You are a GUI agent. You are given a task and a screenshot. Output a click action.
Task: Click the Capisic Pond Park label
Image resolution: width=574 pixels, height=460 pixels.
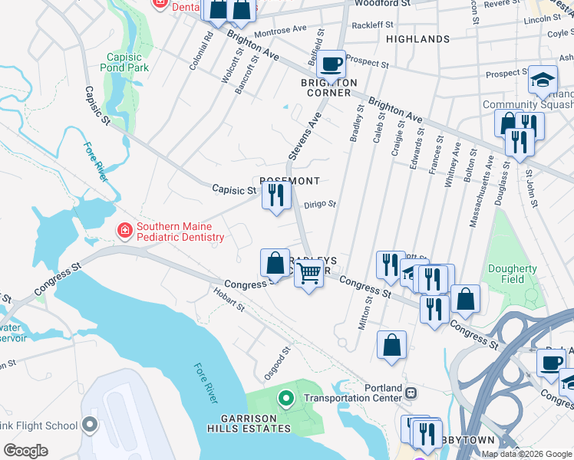pyautogui.click(x=124, y=62)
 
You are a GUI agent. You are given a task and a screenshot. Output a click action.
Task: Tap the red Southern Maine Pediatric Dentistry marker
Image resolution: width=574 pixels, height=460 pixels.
pyautogui.click(x=123, y=230)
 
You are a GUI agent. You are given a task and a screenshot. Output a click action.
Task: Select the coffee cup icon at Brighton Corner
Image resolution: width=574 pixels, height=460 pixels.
pyautogui.click(x=331, y=64)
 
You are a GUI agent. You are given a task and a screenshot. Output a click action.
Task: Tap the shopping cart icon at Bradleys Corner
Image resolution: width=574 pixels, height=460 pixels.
pyautogui.click(x=308, y=272)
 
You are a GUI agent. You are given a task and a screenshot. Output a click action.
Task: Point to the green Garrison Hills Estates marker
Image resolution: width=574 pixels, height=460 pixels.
pyautogui.click(x=285, y=398)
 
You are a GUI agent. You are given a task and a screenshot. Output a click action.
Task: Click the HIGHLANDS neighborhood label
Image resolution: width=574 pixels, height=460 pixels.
pyautogui.click(x=417, y=38)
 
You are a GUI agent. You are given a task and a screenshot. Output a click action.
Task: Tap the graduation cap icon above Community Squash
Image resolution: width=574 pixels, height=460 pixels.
pyautogui.click(x=543, y=80)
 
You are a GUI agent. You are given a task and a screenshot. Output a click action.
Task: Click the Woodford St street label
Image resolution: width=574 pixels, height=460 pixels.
pyautogui.click(x=383, y=4)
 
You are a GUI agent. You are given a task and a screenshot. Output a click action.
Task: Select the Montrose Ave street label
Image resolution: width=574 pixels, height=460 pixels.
pyautogui.click(x=279, y=31)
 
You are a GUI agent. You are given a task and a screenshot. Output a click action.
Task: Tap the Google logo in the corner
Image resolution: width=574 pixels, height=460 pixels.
pyautogui.click(x=25, y=451)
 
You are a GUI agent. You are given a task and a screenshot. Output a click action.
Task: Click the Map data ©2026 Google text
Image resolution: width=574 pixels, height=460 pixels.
pyautogui.click(x=526, y=454)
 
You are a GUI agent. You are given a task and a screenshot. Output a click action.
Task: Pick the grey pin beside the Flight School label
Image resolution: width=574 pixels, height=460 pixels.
pyautogui.click(x=90, y=424)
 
